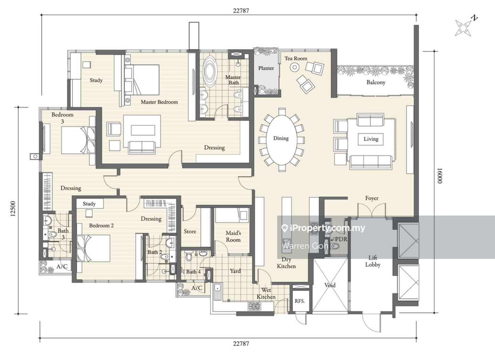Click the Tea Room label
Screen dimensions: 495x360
pos(296,58)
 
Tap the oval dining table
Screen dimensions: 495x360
pos(282,140)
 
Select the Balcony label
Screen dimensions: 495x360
pos(376,82)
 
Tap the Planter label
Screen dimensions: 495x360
pos(266,68)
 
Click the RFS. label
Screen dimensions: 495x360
pos(300,301)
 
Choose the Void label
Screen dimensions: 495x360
pos(330,285)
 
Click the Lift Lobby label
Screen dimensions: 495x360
pos(373,261)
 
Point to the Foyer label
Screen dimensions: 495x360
pos(372,198)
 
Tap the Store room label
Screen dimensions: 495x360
pos(190,232)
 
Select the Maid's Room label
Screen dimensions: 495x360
pos(233,236)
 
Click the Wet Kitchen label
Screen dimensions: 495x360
pos(266,293)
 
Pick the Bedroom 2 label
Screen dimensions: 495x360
pos(101,225)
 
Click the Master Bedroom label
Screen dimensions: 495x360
pos(159,102)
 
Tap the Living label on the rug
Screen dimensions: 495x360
pos(371,139)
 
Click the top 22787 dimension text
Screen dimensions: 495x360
pos(241,11)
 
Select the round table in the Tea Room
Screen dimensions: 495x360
pos(294,67)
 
